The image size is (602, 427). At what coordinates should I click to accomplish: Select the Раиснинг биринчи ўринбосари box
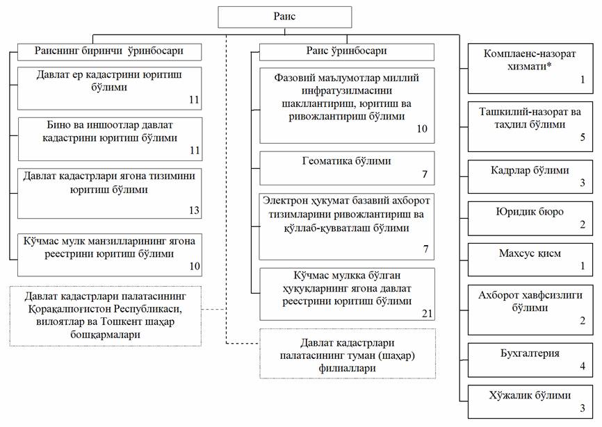click(x=109, y=51)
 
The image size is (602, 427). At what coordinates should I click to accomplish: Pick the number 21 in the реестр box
click(x=427, y=314)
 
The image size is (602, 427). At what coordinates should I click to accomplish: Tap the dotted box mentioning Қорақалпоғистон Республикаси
click(x=105, y=315)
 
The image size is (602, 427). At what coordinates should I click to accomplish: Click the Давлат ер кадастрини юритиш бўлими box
click(x=109, y=87)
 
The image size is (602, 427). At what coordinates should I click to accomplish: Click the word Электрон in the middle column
click(x=283, y=201)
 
